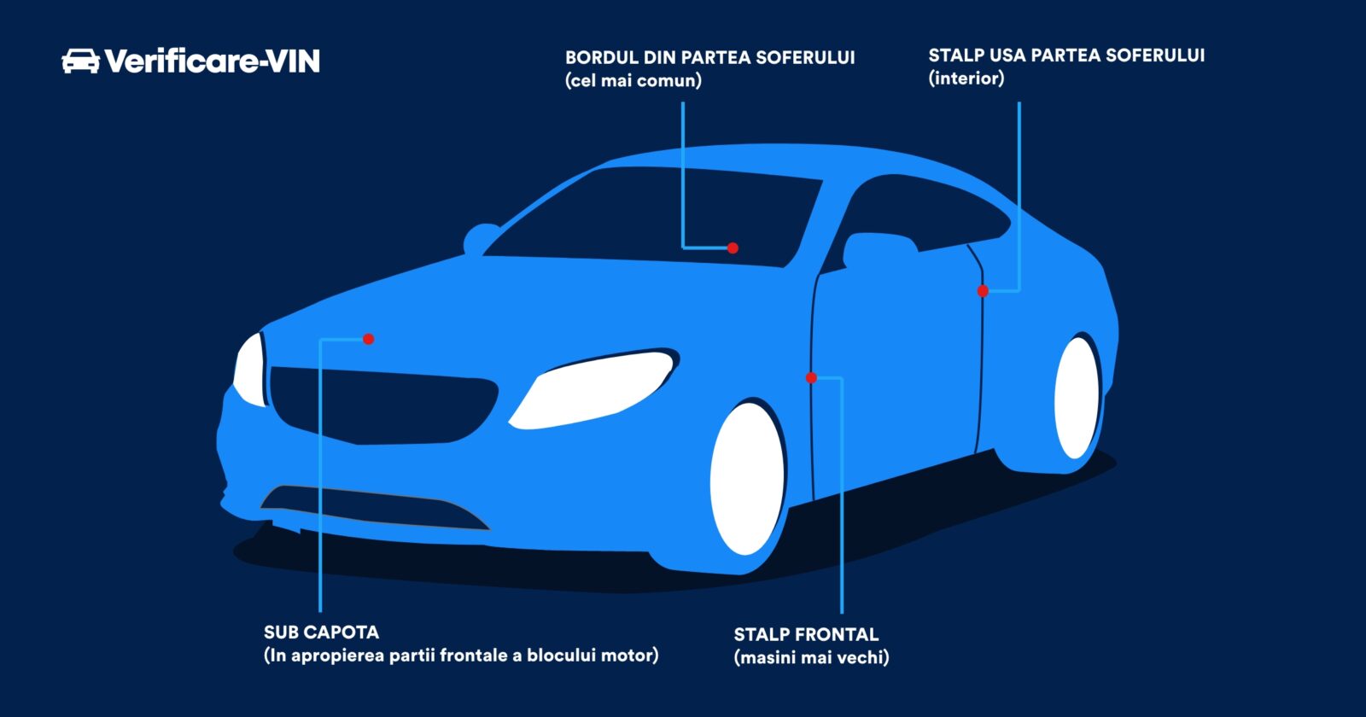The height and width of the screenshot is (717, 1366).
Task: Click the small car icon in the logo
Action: pos(80,61)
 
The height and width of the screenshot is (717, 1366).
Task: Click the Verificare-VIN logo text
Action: pos(213,61)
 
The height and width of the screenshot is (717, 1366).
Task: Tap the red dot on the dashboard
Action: pos(733,248)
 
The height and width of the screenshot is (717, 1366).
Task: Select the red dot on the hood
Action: pos(368,339)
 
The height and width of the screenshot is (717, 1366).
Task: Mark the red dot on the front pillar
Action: pos(811,378)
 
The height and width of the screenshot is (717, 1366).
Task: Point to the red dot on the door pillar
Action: pos(983,291)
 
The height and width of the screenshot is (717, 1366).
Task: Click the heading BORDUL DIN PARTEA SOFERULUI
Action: pos(709,57)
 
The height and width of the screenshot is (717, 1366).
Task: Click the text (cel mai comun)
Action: pos(633,80)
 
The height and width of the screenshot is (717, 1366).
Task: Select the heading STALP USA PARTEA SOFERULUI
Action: pos(1066,55)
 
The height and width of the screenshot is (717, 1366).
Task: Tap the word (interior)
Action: pos(966,78)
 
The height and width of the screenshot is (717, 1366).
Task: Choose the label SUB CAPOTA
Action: pos(321,632)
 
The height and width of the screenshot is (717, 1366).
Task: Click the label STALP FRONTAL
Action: pos(806,635)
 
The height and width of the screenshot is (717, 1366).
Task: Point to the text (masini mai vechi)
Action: pos(812,658)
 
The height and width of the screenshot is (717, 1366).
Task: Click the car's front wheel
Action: pos(747,479)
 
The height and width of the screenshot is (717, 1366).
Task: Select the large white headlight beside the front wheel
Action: pos(592,389)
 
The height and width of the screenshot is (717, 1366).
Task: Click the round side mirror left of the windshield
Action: pos(482,239)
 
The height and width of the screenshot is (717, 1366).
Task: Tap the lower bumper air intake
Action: pos(375,507)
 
